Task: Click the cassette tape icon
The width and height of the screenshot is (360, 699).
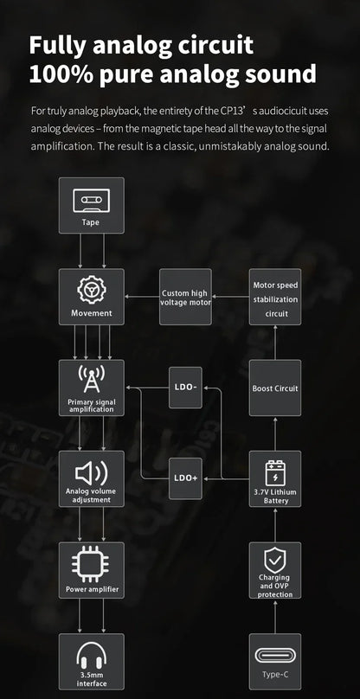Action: pos(91,201)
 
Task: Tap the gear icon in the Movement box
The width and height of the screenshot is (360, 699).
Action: pos(92,291)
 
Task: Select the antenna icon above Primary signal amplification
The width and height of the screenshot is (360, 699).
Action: pos(92,380)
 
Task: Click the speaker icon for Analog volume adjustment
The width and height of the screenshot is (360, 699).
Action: pos(92,473)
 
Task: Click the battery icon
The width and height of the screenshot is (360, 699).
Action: pos(275,473)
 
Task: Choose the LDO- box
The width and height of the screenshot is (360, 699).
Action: pos(185,388)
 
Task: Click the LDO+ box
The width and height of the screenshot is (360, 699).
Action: pos(185,478)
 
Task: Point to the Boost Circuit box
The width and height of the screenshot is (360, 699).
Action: pos(275,388)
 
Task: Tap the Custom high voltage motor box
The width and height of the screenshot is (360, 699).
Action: pos(185,297)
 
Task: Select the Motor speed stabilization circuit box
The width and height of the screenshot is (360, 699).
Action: pos(275,297)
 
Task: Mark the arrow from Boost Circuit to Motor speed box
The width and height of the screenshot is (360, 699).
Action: pos(275,343)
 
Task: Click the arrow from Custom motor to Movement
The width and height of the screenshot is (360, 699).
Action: pos(142,296)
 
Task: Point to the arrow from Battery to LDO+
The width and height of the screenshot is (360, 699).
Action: pos(228,478)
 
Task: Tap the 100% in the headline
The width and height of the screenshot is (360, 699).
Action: pos(60,74)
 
